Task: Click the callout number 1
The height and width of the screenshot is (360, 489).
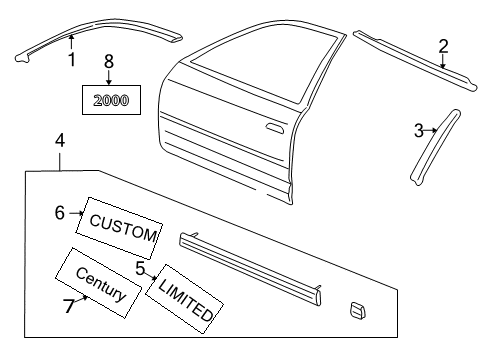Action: tap(71, 60)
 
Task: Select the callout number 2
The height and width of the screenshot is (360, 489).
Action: tap(443, 45)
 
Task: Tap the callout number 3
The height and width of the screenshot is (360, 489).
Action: tap(419, 129)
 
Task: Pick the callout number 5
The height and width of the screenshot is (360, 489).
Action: tap(141, 268)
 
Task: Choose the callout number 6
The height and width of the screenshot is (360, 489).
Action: tap(60, 211)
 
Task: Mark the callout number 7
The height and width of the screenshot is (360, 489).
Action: tap(68, 307)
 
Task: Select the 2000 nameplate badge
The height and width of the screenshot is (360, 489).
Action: tap(111, 100)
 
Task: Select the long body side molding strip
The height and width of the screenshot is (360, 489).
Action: tap(250, 266)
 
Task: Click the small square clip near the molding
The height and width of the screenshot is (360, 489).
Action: tap(356, 312)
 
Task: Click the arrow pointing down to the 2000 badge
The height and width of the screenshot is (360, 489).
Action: tap(109, 75)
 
